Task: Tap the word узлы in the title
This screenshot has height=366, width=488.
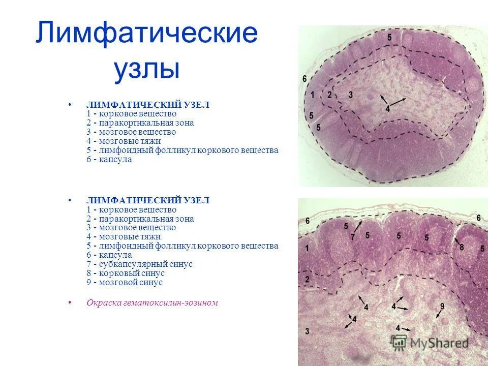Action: pyautogui.click(x=146, y=69)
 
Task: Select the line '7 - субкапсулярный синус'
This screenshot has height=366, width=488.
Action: pyautogui.click(x=139, y=264)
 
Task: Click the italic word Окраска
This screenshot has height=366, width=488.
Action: pyautogui.click(x=103, y=303)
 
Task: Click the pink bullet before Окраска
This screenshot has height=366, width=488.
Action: pyautogui.click(x=70, y=302)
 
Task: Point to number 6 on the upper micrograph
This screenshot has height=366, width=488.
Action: pyautogui.click(x=304, y=79)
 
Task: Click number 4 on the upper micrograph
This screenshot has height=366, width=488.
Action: pyautogui.click(x=387, y=108)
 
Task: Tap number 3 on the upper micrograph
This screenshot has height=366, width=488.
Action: pyautogui.click(x=351, y=95)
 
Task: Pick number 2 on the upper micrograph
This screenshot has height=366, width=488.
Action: pyautogui.click(x=329, y=95)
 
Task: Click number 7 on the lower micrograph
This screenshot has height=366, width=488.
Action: pyautogui.click(x=352, y=237)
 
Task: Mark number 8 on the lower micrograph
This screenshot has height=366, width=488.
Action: pyautogui.click(x=462, y=247)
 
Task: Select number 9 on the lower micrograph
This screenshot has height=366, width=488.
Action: pyautogui.click(x=442, y=306)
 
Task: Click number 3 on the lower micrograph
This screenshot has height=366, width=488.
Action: pyautogui.click(x=307, y=331)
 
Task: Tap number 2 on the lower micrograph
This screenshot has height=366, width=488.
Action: pyautogui.click(x=307, y=279)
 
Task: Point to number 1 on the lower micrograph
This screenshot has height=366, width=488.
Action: pyautogui.click(x=307, y=248)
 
